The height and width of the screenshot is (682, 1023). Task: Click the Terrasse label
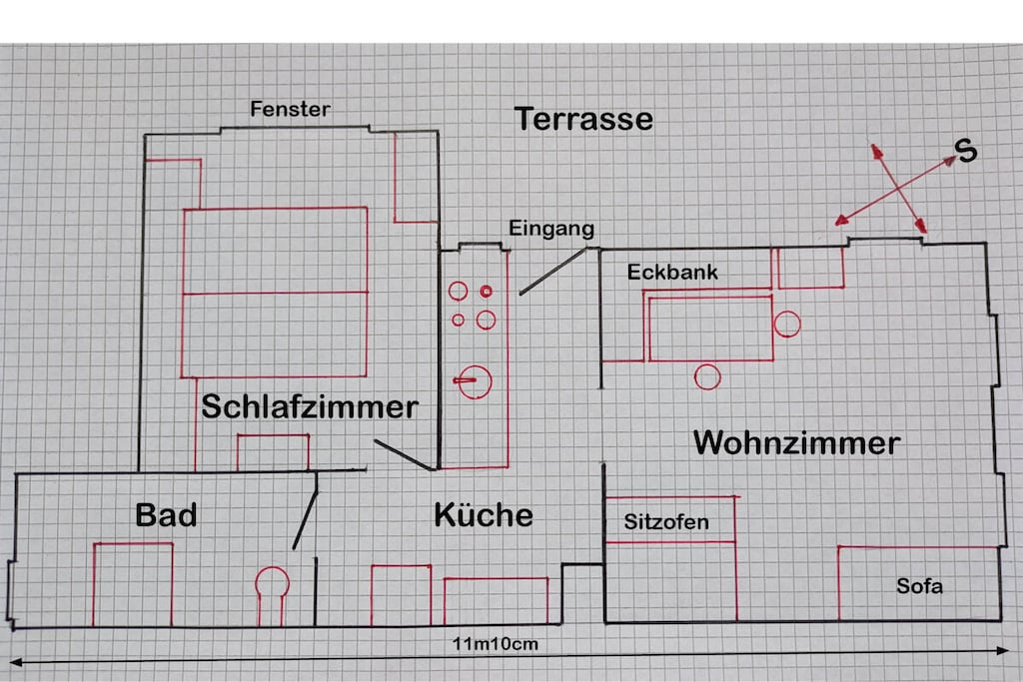[583, 119]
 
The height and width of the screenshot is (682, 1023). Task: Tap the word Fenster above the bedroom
[290, 109]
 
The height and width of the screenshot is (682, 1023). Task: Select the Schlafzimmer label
[310, 406]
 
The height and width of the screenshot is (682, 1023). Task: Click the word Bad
[166, 515]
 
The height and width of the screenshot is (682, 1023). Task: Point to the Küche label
[484, 515]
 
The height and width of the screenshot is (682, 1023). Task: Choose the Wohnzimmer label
[796, 443]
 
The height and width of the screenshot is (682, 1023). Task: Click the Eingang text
[551, 229]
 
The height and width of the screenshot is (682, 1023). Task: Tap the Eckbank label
[672, 272]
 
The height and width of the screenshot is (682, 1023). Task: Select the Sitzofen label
[666, 521]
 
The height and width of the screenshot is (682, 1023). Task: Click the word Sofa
[919, 586]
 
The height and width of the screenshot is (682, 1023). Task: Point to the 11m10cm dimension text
[496, 644]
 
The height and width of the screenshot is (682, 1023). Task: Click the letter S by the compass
[966, 151]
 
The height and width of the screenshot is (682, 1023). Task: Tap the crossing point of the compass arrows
[898, 189]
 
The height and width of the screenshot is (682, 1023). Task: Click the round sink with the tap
[474, 381]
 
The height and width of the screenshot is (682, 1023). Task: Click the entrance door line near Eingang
[553, 272]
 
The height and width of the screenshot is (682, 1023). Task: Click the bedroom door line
[403, 455]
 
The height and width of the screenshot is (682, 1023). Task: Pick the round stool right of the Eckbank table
[787, 325]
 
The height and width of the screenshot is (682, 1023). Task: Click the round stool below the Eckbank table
[707, 376]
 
